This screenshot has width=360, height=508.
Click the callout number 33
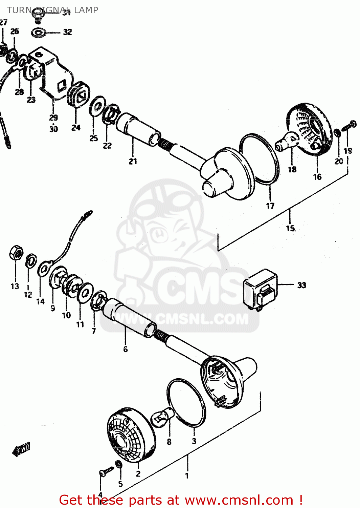point(302,285)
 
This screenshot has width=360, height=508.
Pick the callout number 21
point(133,162)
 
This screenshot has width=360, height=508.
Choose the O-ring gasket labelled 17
point(260,159)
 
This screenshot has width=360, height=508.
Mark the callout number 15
point(290,228)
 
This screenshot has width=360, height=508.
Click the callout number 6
point(126,349)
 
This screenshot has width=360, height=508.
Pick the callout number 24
point(76,128)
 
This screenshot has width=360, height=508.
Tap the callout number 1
point(187,476)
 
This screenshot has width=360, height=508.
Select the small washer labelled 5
point(119,464)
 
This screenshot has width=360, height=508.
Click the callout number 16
point(317,177)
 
